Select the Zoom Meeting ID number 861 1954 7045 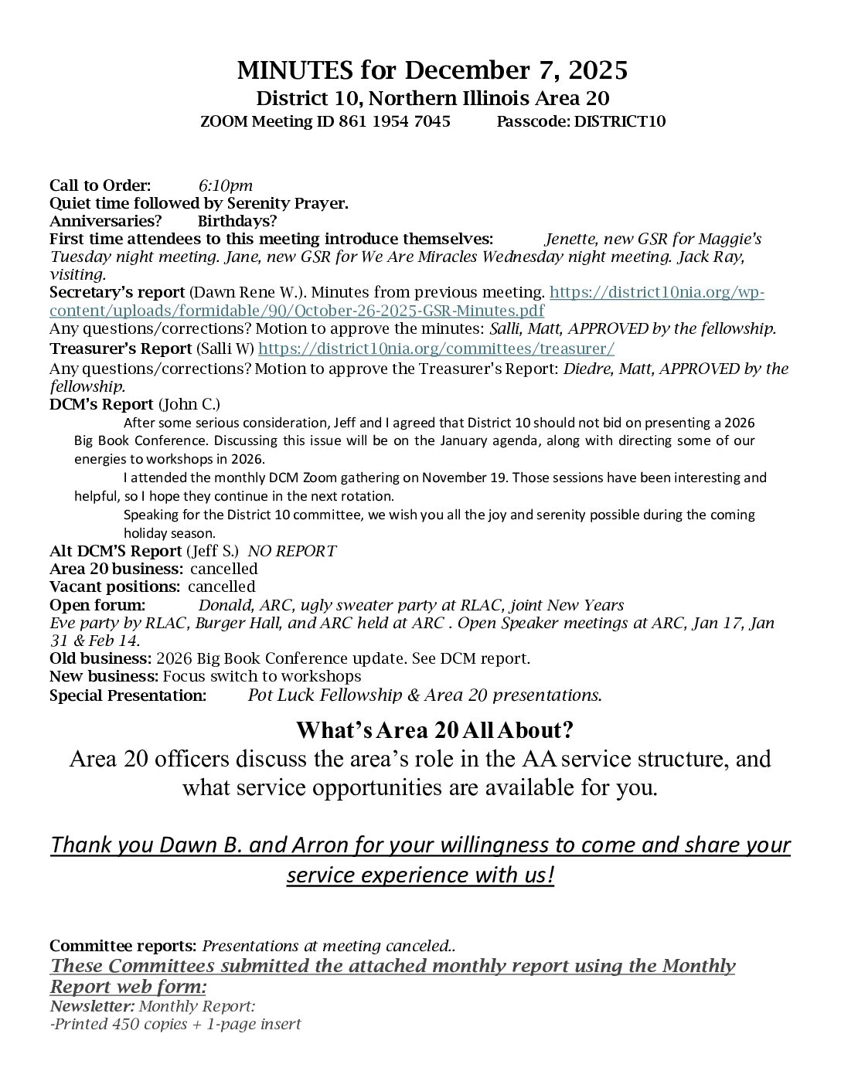pos(394,121)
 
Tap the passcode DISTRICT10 pos(620,121)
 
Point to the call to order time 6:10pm pos(225,185)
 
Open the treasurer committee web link pos(436,348)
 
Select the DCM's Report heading pos(101,404)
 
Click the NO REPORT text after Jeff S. pos(291,551)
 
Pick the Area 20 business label pos(116,569)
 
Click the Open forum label pos(97,605)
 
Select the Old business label pos(100,658)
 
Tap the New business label pos(104,676)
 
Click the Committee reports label pos(123,946)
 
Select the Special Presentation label pos(128,695)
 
